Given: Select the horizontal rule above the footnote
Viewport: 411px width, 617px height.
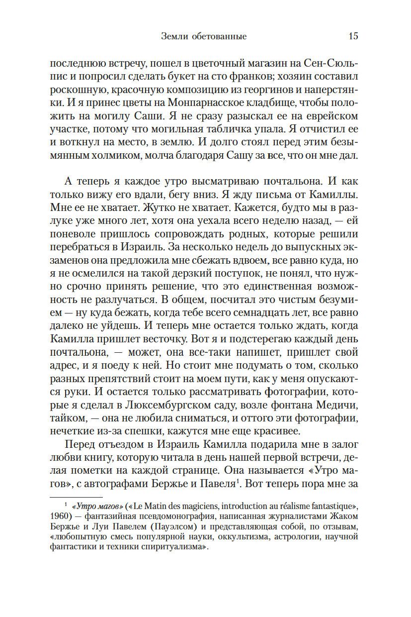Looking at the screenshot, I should (x=77, y=497).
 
